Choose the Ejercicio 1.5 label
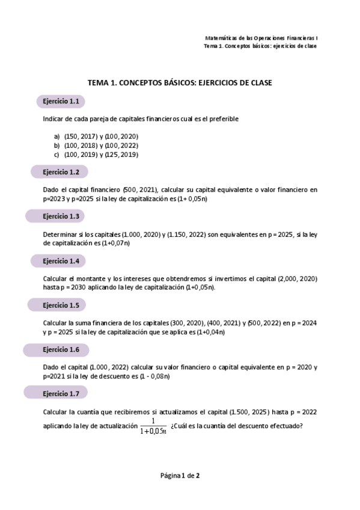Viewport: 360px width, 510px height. [61, 305]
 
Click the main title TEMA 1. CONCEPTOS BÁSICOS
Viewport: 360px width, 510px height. [180, 83]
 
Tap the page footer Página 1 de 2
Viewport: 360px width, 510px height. [180, 476]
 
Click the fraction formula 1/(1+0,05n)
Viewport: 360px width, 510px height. [154, 425]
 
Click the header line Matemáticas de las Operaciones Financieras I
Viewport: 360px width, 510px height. [261, 37]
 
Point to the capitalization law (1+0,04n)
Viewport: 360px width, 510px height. [213, 332]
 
